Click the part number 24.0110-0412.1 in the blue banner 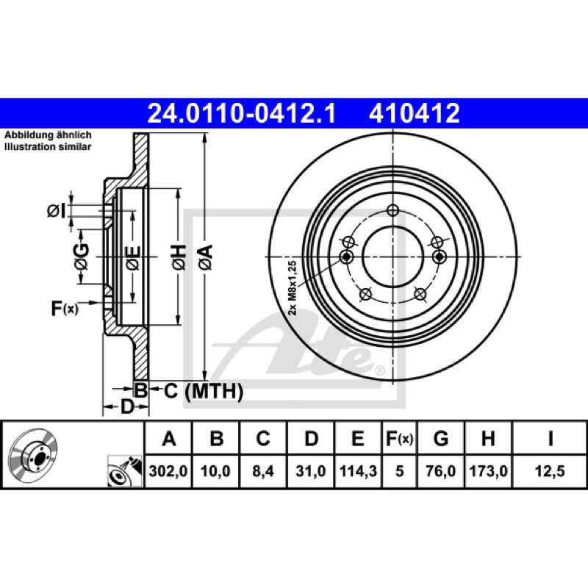tap(242, 113)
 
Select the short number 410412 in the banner tap(415, 113)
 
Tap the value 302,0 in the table tap(168, 471)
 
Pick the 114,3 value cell tap(358, 471)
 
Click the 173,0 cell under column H tap(488, 471)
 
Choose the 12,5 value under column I tap(550, 471)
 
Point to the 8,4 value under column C tap(263, 471)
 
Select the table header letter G tap(440, 438)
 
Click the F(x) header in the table tap(399, 438)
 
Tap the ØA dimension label tap(206, 257)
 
